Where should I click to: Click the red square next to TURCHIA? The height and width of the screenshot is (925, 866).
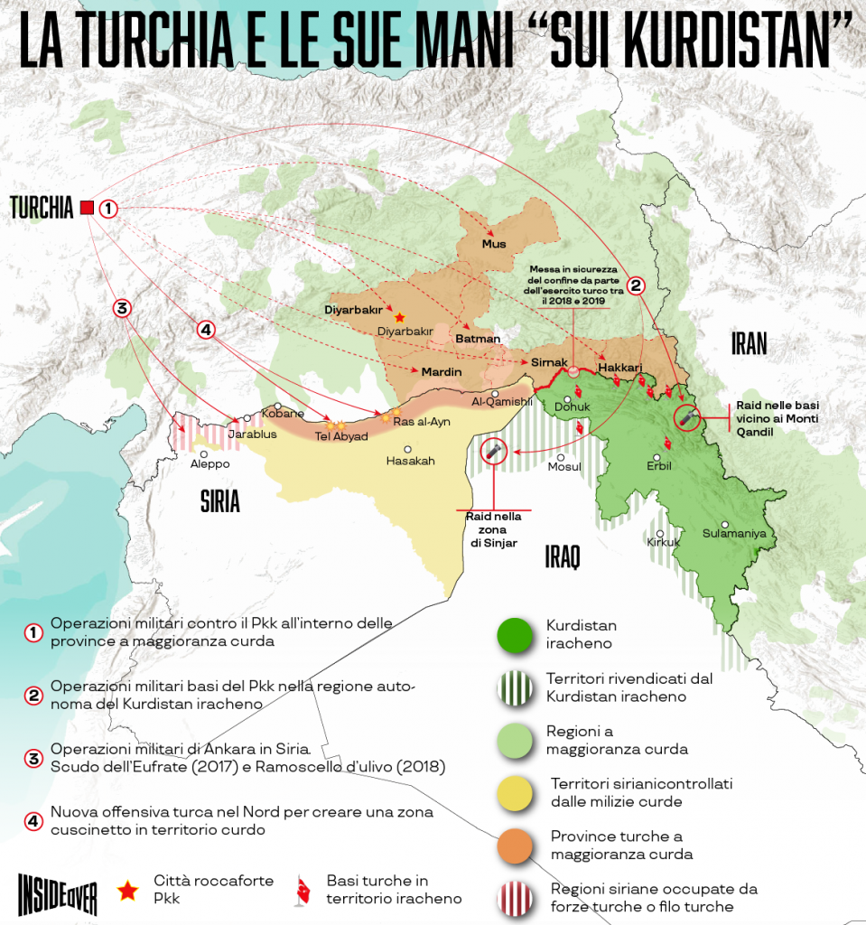pyautogui.click(x=87, y=208)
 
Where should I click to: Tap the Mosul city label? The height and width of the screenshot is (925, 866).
pyautogui.click(x=564, y=467)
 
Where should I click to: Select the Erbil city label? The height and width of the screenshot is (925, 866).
pyautogui.click(x=660, y=466)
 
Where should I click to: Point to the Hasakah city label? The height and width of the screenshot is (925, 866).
pyautogui.click(x=410, y=461)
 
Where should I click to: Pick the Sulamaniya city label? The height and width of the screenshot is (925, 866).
pyautogui.click(x=734, y=533)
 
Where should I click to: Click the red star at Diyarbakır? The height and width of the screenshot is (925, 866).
pyautogui.click(x=399, y=317)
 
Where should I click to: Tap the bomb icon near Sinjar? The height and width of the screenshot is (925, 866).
pyautogui.click(x=492, y=450)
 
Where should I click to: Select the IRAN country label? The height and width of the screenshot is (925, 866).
pyautogui.click(x=750, y=343)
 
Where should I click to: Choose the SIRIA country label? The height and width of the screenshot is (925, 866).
pyautogui.click(x=219, y=502)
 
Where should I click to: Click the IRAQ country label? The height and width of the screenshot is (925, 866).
pyautogui.click(x=562, y=556)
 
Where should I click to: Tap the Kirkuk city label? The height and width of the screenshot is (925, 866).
pyautogui.click(x=663, y=542)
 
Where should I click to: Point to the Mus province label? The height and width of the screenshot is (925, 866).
pyautogui.click(x=494, y=244)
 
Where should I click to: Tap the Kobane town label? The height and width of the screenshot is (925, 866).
pyautogui.click(x=276, y=414)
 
